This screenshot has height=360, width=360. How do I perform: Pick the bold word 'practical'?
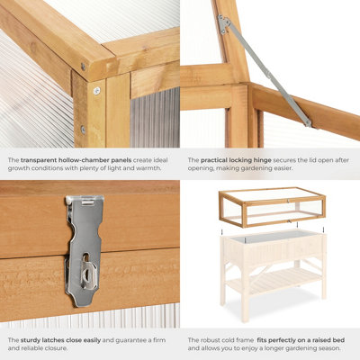(x=216, y=160)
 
